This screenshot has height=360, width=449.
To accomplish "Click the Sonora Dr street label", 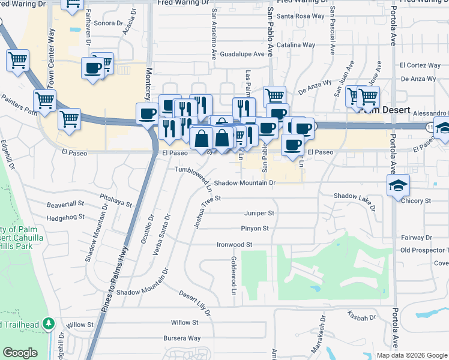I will (x=108, y=23).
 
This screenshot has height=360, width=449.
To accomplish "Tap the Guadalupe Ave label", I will (x=242, y=54).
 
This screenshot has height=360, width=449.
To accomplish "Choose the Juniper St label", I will (x=259, y=213).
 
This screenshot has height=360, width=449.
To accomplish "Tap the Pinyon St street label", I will (x=255, y=229).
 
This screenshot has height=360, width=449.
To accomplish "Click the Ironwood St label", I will (x=234, y=245).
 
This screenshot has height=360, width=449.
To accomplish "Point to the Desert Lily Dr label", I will (x=195, y=304).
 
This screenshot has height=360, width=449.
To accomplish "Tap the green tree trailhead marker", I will (x=49, y=324).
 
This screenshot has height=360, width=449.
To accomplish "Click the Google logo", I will (x=20, y=353).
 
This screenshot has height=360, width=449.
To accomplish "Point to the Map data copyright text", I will (x=412, y=355).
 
